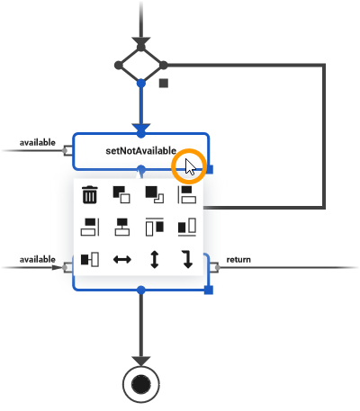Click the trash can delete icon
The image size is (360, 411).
tap(90, 194)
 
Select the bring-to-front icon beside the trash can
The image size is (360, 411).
tap(121, 194)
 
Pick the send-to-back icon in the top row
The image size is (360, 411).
tap(154, 194)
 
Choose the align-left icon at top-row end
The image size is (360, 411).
tap(186, 194)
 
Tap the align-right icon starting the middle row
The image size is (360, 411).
tap(90, 227)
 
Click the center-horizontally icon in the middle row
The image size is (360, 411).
tap(121, 227)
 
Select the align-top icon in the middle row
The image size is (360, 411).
tap(154, 227)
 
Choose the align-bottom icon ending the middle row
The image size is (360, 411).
tap(186, 227)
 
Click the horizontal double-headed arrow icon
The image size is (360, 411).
tap(121, 260)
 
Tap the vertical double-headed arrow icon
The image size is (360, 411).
tap(154, 260)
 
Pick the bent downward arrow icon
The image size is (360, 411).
tap(186, 260)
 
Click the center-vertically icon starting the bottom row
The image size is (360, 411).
tap(90, 260)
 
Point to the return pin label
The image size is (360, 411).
tap(238, 260)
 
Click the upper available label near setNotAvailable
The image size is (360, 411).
tap(37, 142)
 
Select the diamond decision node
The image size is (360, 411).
tap(140, 65)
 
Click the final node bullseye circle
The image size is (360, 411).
tap(140, 384)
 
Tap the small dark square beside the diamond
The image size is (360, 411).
tap(163, 84)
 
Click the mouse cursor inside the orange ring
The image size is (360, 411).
tap(190, 166)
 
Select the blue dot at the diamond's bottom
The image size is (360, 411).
tap(140, 83)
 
